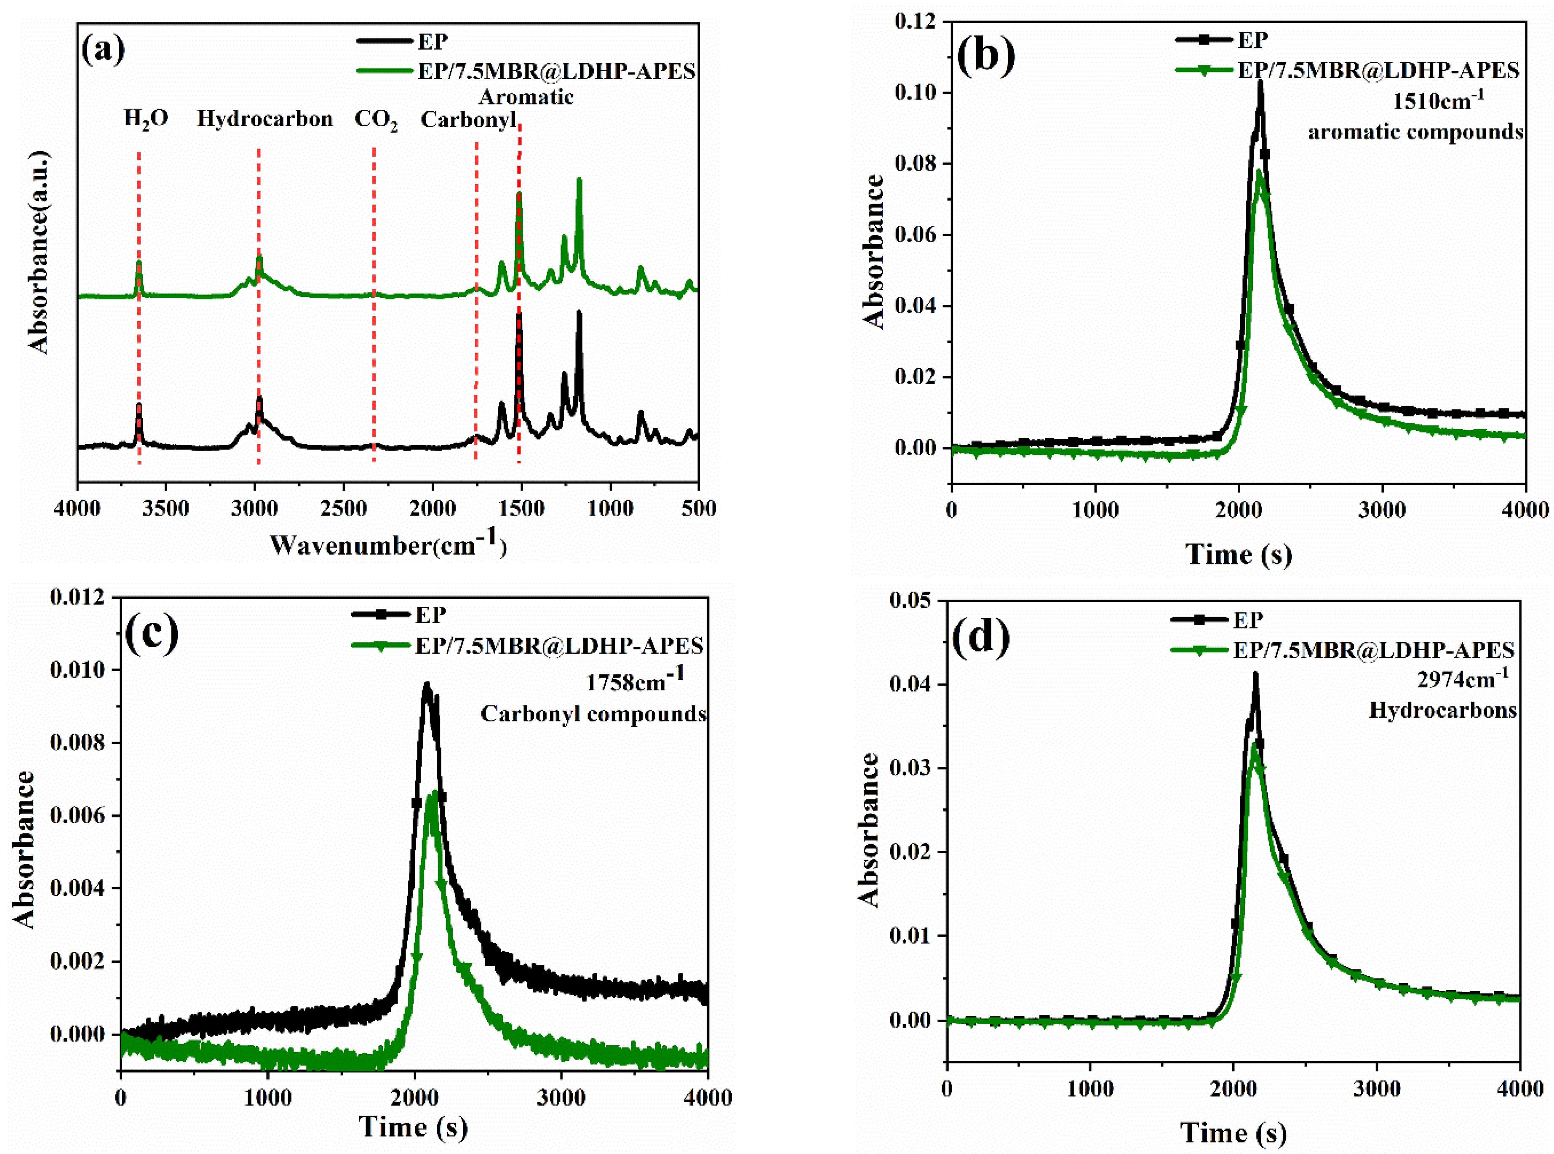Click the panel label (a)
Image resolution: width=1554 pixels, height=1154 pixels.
pyautogui.click(x=103, y=50)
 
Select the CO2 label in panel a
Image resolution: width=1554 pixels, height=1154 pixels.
pyautogui.click(x=376, y=120)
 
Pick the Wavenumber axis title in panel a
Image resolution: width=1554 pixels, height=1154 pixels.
pyautogui.click(x=387, y=545)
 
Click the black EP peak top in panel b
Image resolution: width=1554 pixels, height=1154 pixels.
pyautogui.click(x=1260, y=83)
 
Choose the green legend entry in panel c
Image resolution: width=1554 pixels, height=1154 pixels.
pyautogui.click(x=559, y=646)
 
